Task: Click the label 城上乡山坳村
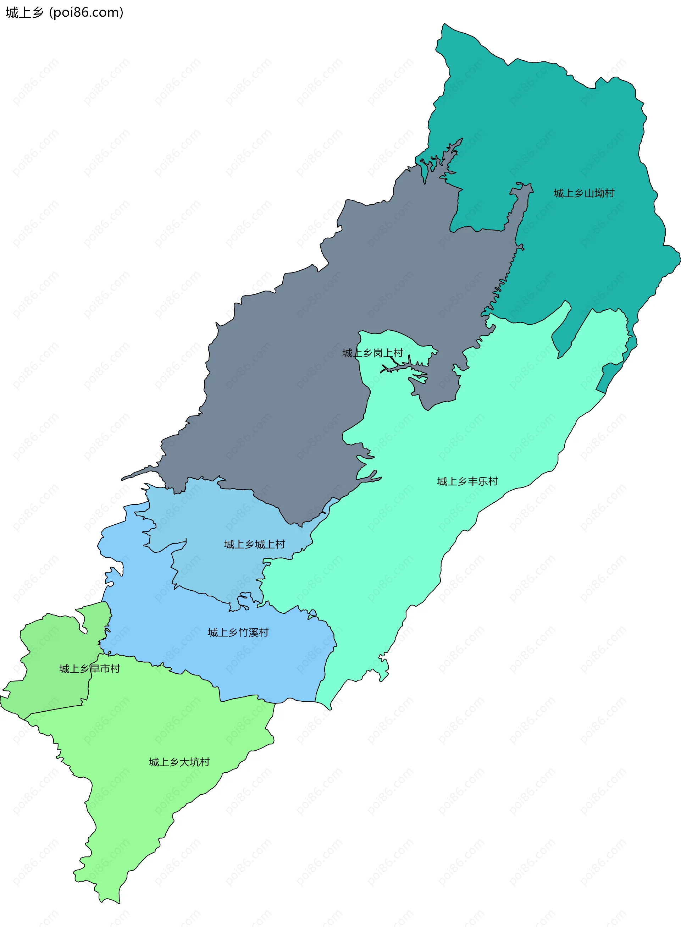(584, 193)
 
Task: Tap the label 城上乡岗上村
(373, 353)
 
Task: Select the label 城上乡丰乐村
(467, 481)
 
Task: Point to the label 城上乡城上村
(254, 544)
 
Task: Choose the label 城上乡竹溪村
(238, 633)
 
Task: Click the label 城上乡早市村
(89, 668)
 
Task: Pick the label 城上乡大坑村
(179, 762)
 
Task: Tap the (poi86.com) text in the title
(86, 13)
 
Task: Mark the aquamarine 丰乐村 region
(412, 536)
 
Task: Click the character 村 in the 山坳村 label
(609, 193)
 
